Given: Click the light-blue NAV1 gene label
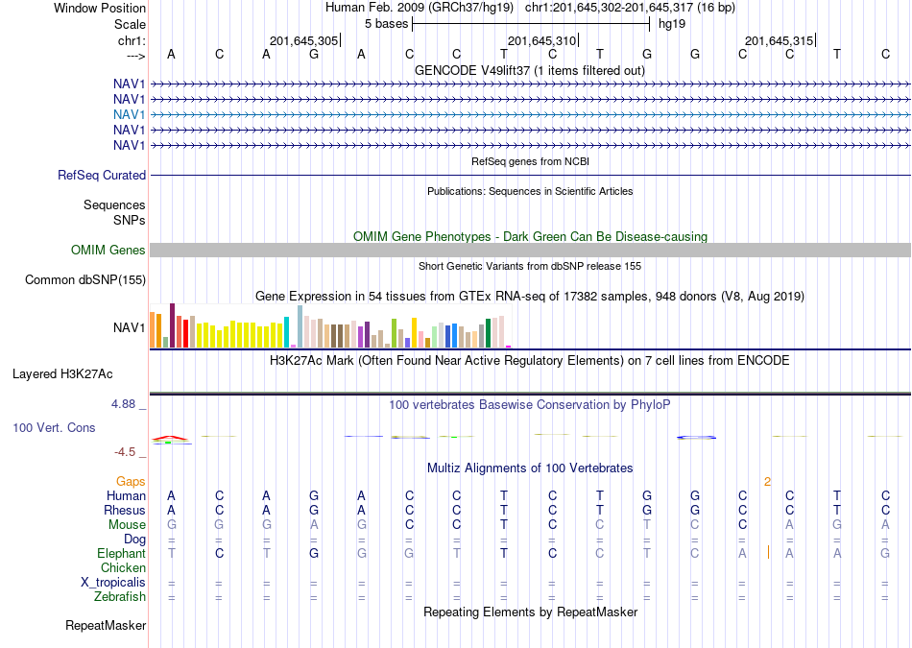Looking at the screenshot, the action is tap(130, 114).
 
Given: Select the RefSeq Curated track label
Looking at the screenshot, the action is tap(102, 175).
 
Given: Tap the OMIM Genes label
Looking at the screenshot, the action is tap(108, 251).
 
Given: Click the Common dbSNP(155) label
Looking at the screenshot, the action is tap(85, 279).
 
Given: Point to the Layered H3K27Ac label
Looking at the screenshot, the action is tap(62, 374).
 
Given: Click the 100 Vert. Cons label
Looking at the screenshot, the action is tap(54, 427).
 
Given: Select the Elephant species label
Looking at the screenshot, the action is tap(121, 553).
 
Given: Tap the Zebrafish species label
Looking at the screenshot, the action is tap(120, 596).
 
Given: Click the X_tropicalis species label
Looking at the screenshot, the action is tap(113, 583).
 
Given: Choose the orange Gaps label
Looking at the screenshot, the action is tap(131, 481).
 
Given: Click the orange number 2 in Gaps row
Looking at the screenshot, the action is tap(768, 482).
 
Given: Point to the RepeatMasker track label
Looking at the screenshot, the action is tap(106, 625).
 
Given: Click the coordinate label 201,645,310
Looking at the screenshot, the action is tap(541, 40).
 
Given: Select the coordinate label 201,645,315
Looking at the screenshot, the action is tap(779, 40).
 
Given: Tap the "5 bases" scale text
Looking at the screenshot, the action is tap(386, 24).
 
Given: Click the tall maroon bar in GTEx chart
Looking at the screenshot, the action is tap(172, 325).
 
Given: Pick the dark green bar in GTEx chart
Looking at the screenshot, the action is tap(488, 333).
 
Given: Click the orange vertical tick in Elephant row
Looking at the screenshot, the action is tap(768, 552).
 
